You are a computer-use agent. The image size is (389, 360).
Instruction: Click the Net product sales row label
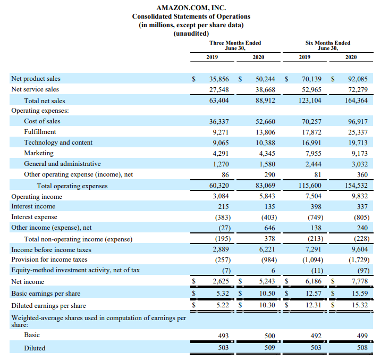tap(36, 79)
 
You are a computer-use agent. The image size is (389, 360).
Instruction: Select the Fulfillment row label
tap(40, 132)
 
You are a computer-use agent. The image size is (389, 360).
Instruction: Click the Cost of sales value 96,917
tap(356, 122)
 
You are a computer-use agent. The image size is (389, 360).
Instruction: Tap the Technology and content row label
tap(58, 143)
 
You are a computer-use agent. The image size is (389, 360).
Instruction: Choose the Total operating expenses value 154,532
tap(353, 186)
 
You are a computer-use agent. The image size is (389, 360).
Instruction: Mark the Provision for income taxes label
tap(49, 259)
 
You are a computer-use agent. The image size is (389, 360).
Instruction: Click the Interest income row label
tap(33, 206)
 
